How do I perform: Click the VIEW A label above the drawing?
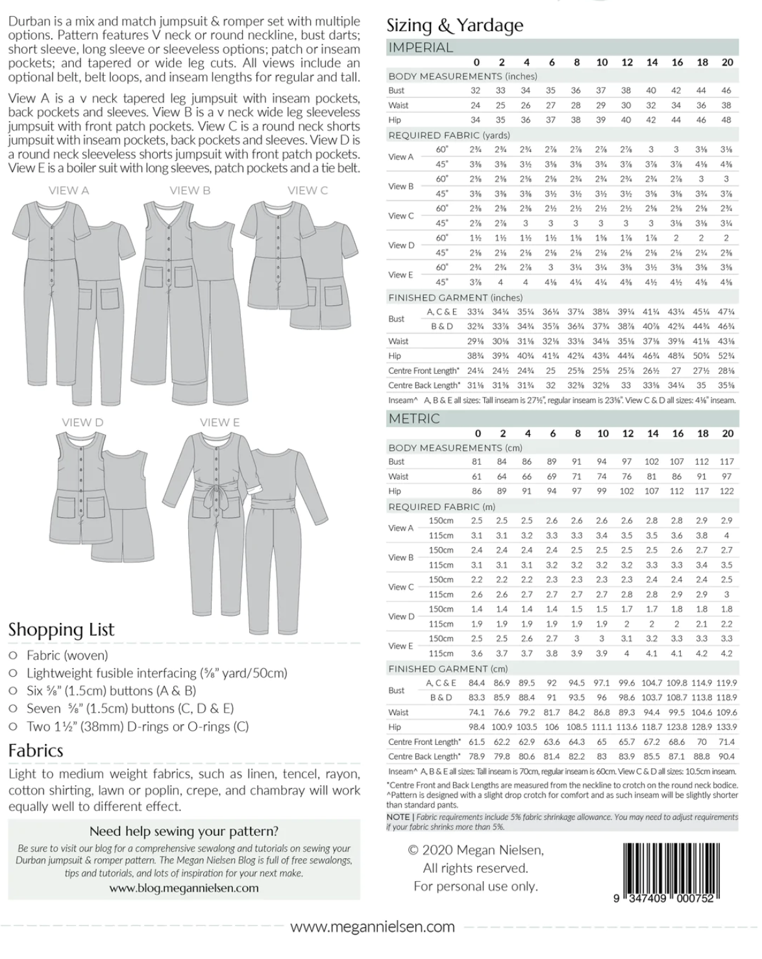pyautogui.click(x=69, y=191)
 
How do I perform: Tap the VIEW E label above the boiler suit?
pyautogui.click(x=219, y=422)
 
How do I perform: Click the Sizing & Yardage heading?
pyautogui.click(x=454, y=25)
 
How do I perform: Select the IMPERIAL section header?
pyautogui.click(x=421, y=47)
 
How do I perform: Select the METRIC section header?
pyautogui.click(x=414, y=419)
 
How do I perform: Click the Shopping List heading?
pyautogui.click(x=61, y=629)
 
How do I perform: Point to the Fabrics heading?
pyautogui.click(x=36, y=751)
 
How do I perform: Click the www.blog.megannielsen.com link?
pyautogui.click(x=184, y=888)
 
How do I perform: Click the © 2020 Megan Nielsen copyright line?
pyautogui.click(x=476, y=850)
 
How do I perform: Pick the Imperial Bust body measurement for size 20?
pyautogui.click(x=726, y=91)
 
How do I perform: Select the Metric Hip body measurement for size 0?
pyautogui.click(x=477, y=491)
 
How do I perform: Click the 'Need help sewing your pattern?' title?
pyautogui.click(x=184, y=831)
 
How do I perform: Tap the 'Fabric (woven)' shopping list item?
pyautogui.click(x=67, y=655)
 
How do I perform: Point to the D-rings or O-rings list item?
pyautogui.click(x=138, y=727)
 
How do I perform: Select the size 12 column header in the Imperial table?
pyautogui.click(x=626, y=62)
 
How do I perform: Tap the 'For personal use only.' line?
pyautogui.click(x=476, y=886)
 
